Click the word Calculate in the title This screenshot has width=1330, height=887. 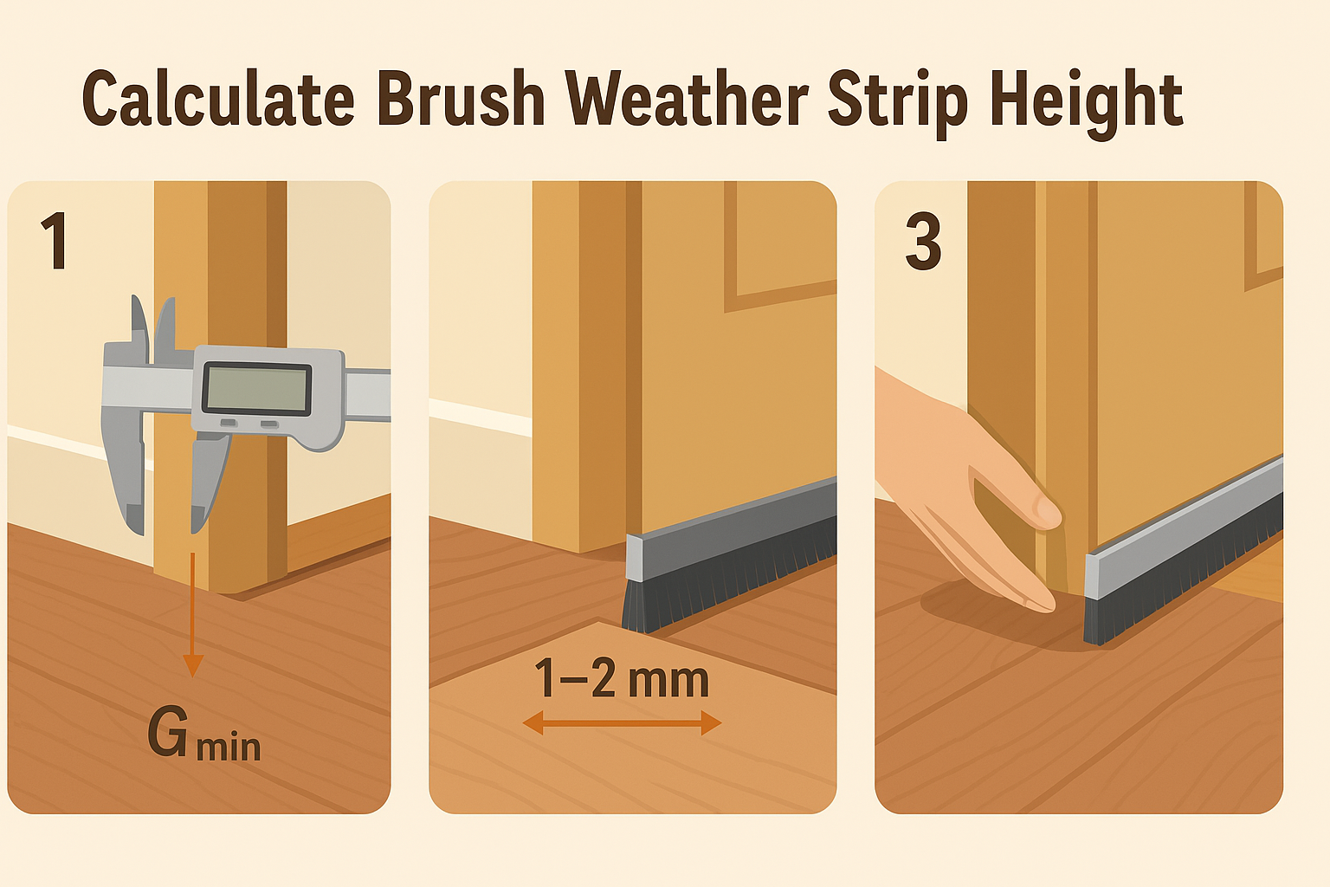(218, 98)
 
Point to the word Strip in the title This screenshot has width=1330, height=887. (898, 103)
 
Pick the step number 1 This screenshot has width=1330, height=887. (55, 241)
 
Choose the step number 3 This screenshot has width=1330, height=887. (923, 241)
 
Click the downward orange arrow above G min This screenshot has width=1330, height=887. (192, 616)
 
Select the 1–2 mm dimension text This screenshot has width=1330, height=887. (622, 678)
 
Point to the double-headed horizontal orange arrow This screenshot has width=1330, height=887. (622, 723)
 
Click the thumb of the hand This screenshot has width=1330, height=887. (1016, 493)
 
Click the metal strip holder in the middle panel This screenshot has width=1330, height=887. (732, 528)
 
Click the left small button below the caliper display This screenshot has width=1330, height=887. (229, 423)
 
